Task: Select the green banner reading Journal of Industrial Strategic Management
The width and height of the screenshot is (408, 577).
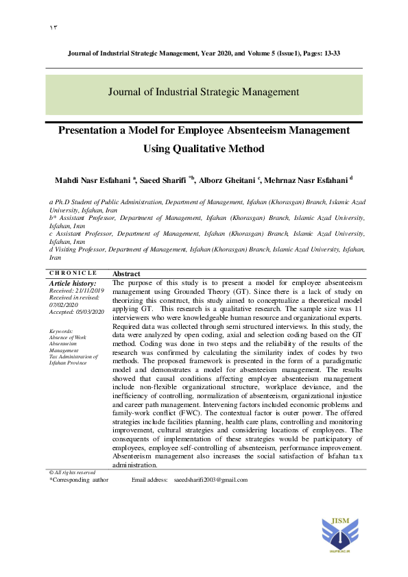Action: [x=204, y=91]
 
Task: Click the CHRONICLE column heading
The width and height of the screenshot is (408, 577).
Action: [x=73, y=273]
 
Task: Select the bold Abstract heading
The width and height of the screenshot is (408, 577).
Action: [x=126, y=273]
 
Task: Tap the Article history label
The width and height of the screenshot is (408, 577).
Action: [x=73, y=283]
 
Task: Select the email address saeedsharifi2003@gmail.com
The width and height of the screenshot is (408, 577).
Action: [x=211, y=480]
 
